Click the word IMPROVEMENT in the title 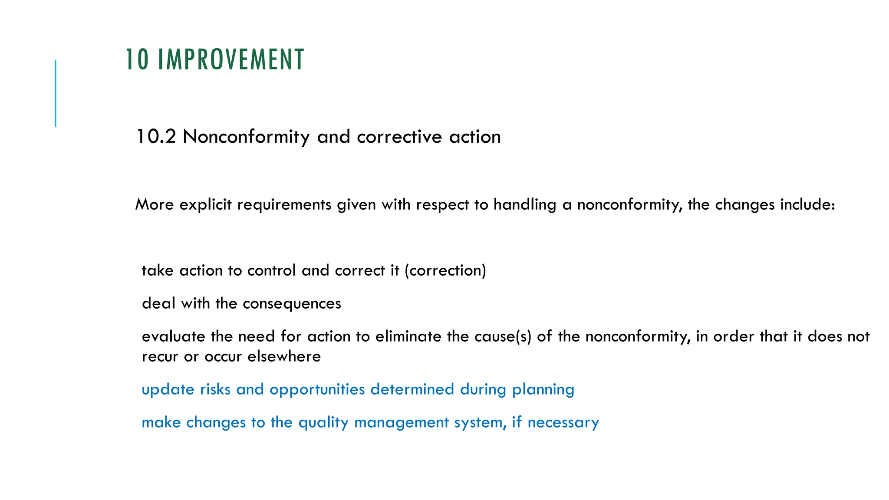point(230,59)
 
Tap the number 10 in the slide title point(137,59)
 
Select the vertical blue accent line point(56,93)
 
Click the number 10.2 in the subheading point(156,137)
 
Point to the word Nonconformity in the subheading point(246,137)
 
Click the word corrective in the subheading point(399,137)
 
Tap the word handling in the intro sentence point(525,204)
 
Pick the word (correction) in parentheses point(445,270)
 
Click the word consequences point(292,303)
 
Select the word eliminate point(408,336)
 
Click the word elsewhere point(284,356)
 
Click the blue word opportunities point(317,389)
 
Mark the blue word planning point(543,389)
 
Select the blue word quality point(323,422)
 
